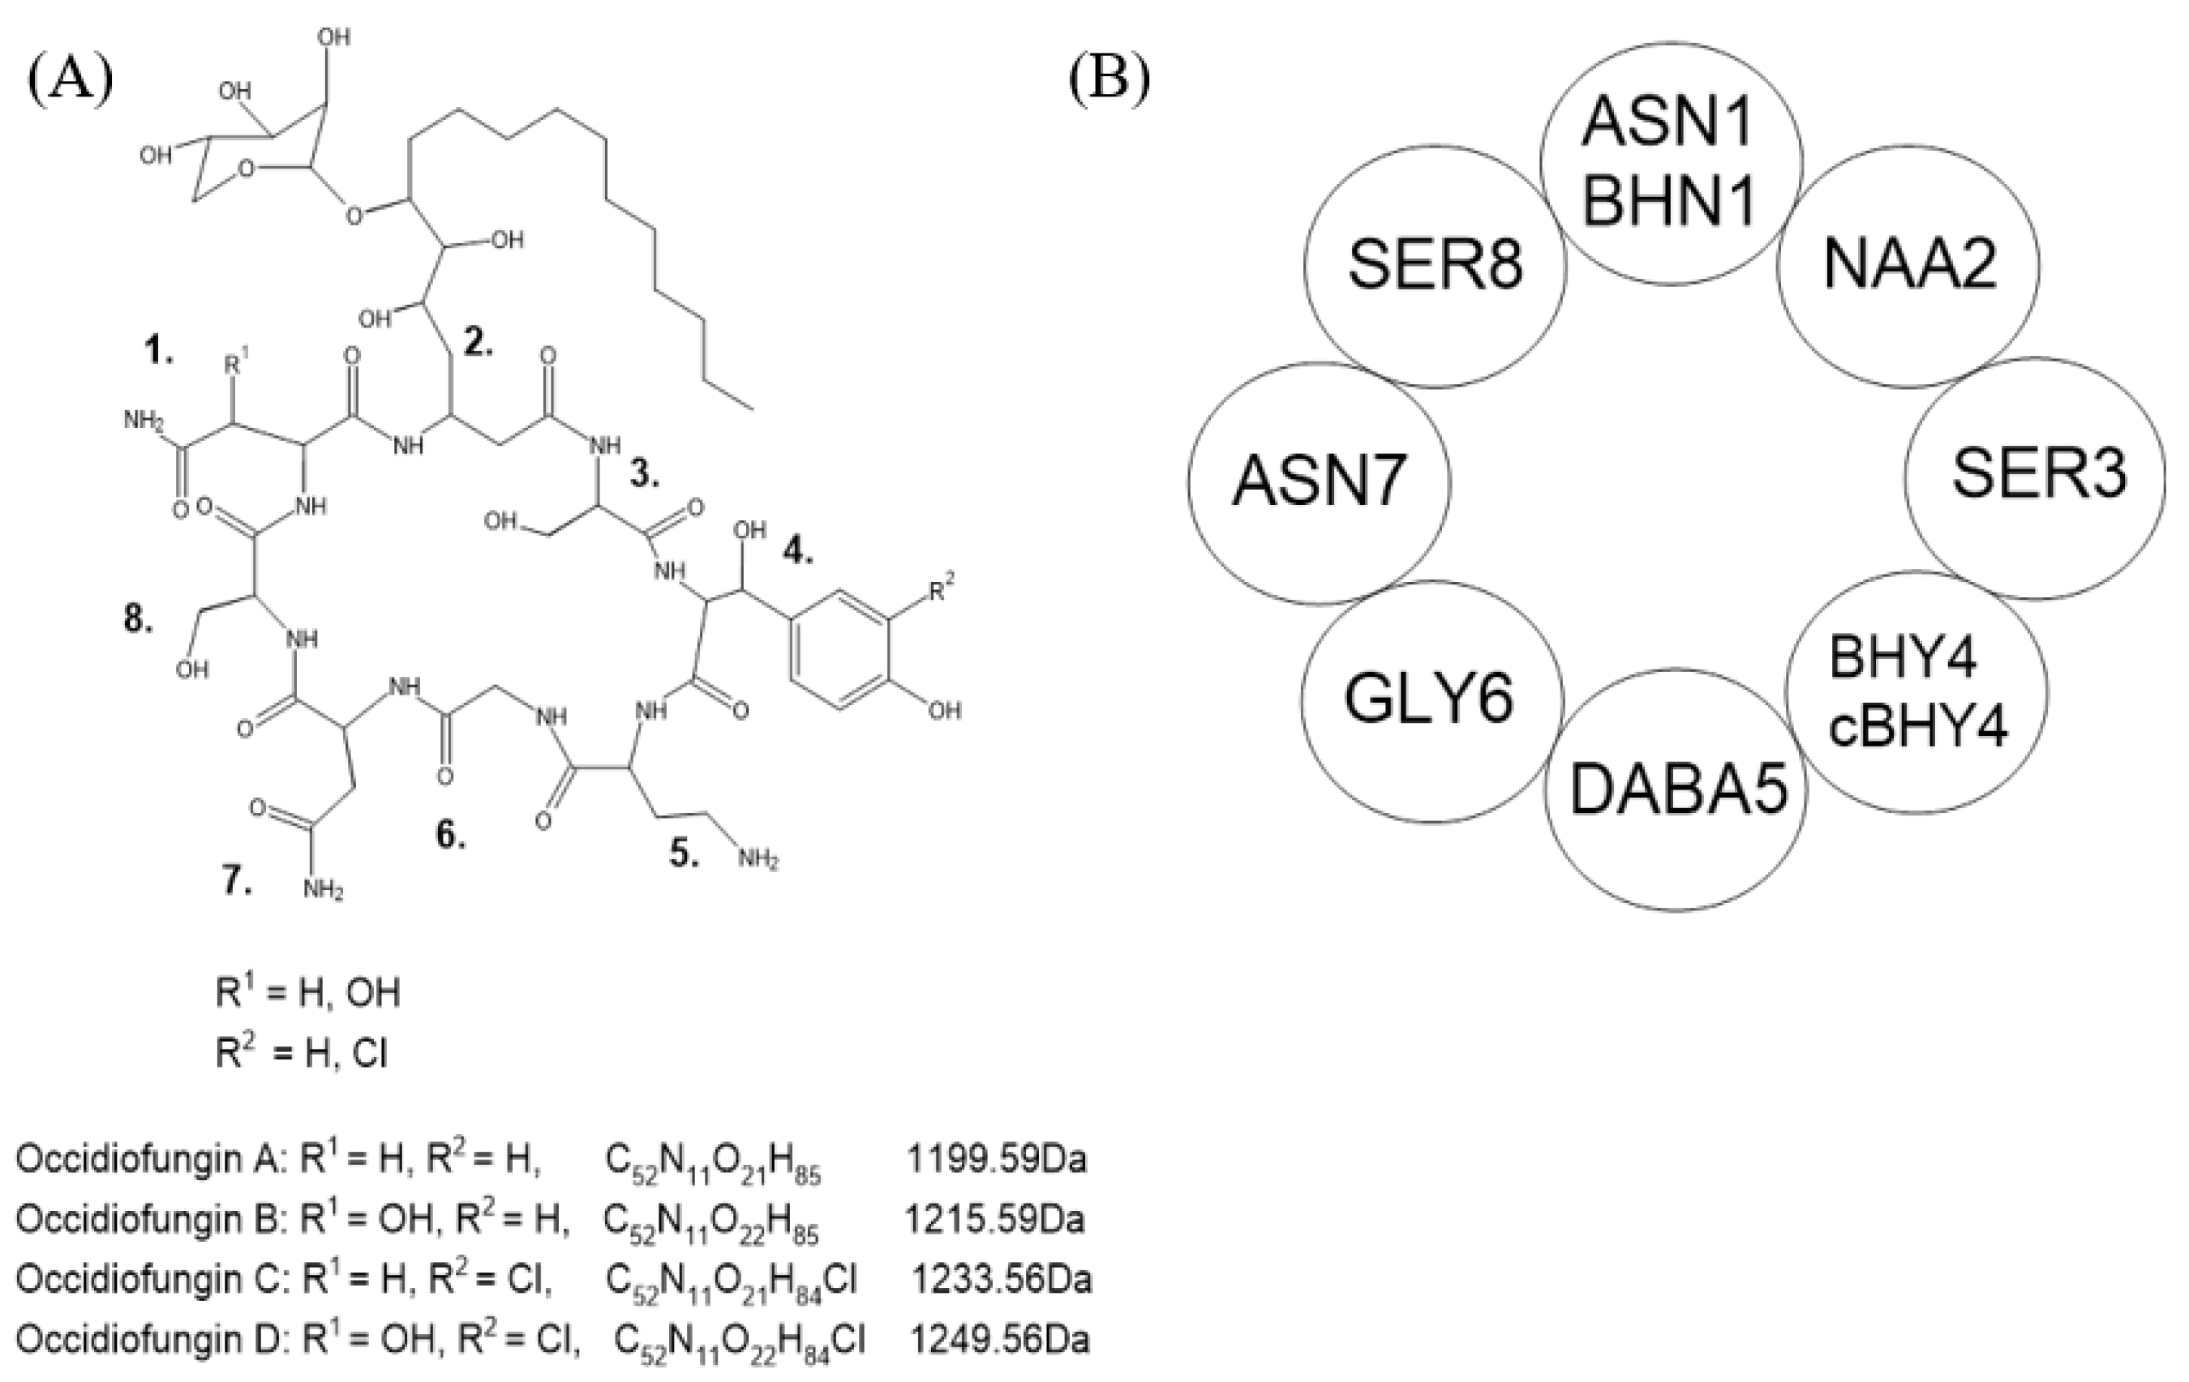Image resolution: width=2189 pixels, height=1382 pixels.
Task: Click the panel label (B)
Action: click(x=1109, y=81)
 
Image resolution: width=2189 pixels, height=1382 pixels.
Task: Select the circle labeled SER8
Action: click(x=1435, y=265)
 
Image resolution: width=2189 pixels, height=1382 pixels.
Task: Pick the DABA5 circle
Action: click(x=1678, y=789)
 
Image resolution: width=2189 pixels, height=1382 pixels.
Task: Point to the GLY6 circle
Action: click(x=1429, y=700)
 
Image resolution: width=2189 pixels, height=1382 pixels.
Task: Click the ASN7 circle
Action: click(x=1318, y=481)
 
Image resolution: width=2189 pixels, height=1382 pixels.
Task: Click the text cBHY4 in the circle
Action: click(x=1918, y=727)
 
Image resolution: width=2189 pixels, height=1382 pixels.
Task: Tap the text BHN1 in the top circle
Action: click(x=1669, y=202)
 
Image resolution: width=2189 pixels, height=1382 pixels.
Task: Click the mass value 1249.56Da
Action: click(x=1000, y=1340)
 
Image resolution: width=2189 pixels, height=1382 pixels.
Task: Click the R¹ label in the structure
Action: click(x=235, y=366)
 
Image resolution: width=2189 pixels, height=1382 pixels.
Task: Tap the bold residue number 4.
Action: click(x=797, y=550)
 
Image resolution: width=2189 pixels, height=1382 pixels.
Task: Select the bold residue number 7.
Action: click(x=238, y=879)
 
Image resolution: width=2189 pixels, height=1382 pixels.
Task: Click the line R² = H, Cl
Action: click(x=302, y=1053)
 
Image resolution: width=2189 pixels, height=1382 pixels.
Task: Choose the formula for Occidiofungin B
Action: click(x=711, y=1222)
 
